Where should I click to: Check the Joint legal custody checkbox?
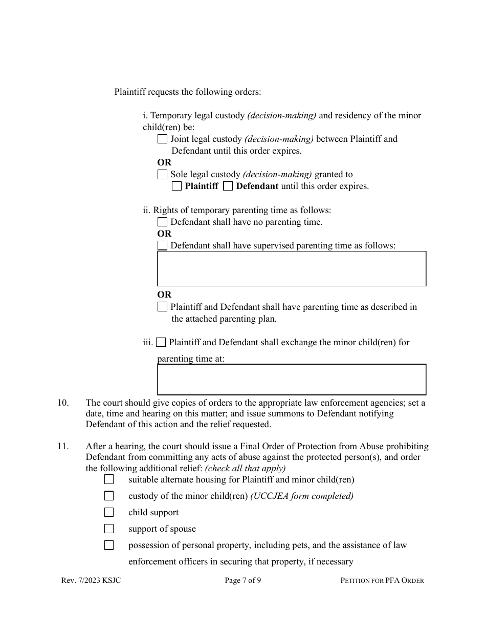[162, 139]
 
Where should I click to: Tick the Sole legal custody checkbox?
[162, 174]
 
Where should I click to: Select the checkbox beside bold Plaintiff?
[176, 186]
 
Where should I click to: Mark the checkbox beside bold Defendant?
[228, 186]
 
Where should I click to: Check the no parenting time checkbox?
[162, 222]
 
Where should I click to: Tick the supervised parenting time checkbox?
[162, 245]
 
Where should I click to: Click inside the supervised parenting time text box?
[292, 268]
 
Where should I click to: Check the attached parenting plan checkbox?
[162, 307]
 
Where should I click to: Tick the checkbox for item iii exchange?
[161, 342]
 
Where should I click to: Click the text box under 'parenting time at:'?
[292, 380]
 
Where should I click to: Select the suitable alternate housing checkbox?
[109, 479]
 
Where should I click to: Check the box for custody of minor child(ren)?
[109, 496]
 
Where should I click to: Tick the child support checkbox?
[109, 512]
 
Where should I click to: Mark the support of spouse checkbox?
[109, 529]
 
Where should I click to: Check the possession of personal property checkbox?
[109, 545]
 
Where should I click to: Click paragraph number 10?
[63, 403]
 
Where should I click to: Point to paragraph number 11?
[63, 446]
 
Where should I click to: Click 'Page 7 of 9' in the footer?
[243, 580]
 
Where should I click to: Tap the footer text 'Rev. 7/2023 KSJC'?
[91, 580]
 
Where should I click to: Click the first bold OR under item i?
[164, 162]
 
